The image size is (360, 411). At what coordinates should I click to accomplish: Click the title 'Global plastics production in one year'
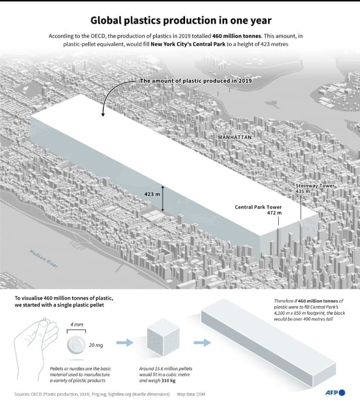point(180,21)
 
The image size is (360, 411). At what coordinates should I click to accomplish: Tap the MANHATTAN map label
point(234,138)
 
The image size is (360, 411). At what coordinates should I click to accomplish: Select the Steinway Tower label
point(315,186)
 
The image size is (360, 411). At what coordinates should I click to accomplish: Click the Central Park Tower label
point(258,207)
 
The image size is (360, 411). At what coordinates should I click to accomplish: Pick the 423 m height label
point(152,194)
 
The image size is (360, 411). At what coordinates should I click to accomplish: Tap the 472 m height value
point(274,212)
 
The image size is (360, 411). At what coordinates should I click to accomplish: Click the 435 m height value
point(303,191)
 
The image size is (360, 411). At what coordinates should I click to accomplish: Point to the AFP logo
point(335,393)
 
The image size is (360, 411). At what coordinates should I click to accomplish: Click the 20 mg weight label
point(96,345)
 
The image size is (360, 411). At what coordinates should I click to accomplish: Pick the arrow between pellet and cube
point(125,342)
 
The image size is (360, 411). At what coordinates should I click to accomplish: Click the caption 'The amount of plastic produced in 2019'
point(195,81)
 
